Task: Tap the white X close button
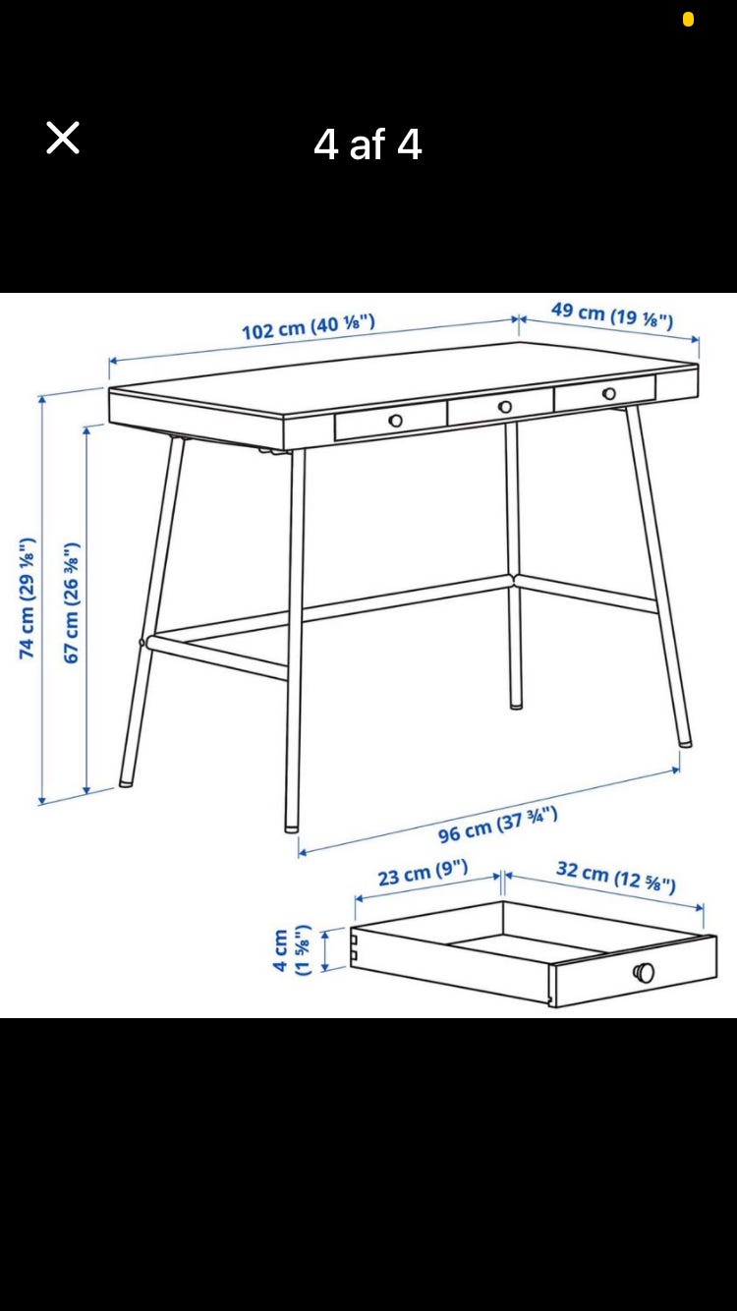click(x=63, y=139)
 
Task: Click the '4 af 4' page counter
click(x=368, y=144)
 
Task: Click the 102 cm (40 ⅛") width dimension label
click(x=309, y=326)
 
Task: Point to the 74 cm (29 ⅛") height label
click(x=27, y=598)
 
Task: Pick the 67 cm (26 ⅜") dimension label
click(x=72, y=602)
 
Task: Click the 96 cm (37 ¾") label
click(x=497, y=825)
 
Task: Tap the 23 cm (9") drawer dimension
click(x=423, y=873)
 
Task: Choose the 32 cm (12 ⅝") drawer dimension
click(x=616, y=877)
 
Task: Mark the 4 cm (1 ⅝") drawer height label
click(x=291, y=949)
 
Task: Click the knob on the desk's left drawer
click(x=396, y=421)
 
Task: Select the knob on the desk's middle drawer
click(x=505, y=406)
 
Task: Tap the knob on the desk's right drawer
click(x=609, y=393)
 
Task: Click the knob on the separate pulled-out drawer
click(x=644, y=972)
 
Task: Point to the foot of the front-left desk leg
click(x=291, y=828)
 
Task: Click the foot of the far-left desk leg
click(x=125, y=783)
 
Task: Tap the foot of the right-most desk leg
click(x=685, y=744)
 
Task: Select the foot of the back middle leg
click(x=516, y=706)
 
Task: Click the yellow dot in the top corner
click(x=689, y=20)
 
